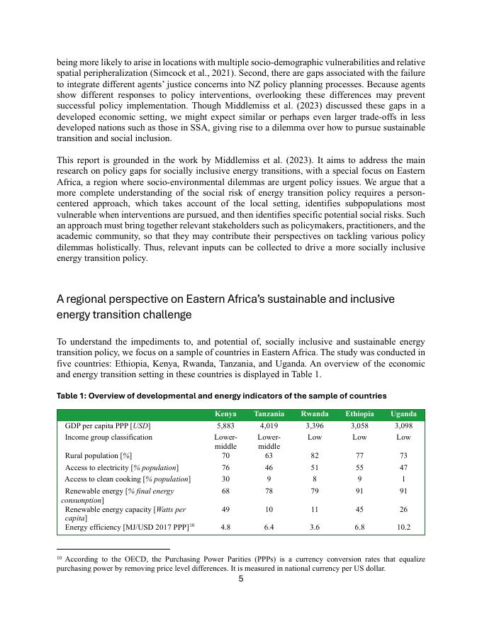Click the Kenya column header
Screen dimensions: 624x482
pos(225,414)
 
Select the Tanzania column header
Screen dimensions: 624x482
pos(269,414)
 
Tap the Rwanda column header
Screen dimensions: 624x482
pos(314,414)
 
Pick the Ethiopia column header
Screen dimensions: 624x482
pos(359,414)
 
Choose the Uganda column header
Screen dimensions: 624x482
pos(403,414)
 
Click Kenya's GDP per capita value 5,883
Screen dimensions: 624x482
pos(225,425)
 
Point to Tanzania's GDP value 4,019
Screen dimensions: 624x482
pos(269,425)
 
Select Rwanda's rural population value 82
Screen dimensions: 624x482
pos(314,456)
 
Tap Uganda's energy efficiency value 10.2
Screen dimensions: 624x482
pos(403,528)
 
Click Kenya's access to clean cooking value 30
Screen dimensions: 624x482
pos(225,479)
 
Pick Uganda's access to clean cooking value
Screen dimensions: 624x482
pos(403,479)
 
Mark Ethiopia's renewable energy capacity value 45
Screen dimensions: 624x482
pos(359,510)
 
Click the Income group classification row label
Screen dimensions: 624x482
pos(108,438)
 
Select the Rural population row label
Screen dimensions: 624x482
pos(99,456)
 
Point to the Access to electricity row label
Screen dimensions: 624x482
pos(121,468)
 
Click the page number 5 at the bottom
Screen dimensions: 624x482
pos(241,579)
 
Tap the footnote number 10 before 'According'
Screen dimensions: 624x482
pos(59,557)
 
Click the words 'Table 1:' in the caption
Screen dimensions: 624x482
pos(73,396)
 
